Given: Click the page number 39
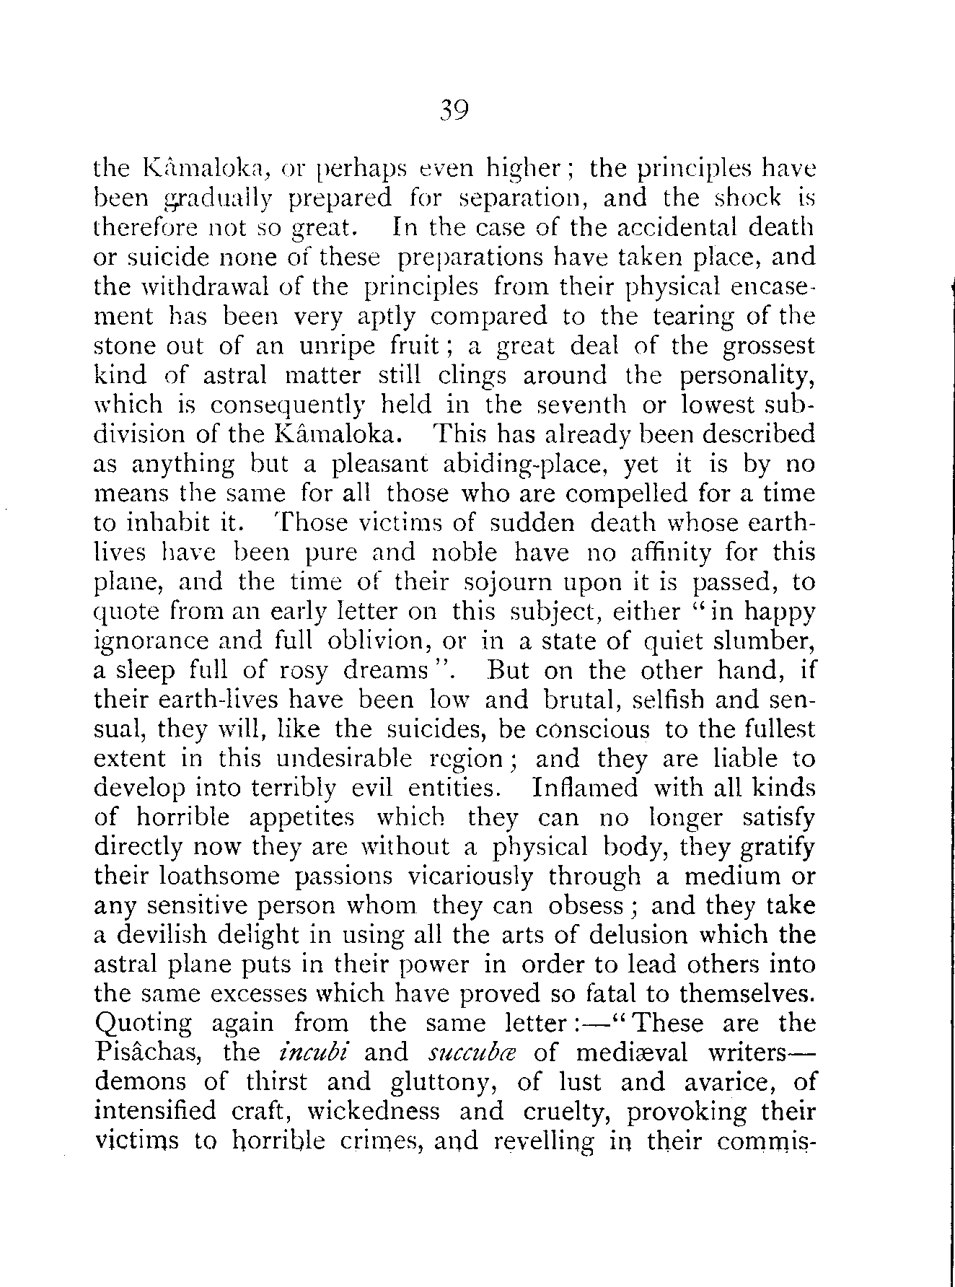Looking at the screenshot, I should coord(454,110).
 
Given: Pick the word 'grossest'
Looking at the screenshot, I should coord(769,346).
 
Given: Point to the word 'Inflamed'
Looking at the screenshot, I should coord(585,788).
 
